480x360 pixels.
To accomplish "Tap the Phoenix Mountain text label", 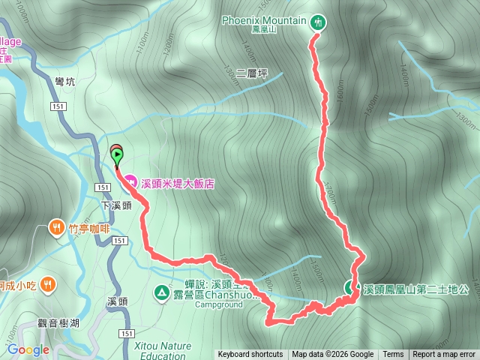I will click(265, 20).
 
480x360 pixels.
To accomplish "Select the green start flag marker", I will click(118, 154).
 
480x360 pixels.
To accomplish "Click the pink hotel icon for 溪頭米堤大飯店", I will click(130, 181).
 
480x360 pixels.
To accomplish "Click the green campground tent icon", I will click(161, 291).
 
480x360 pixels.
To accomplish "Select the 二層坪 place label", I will click(251, 73).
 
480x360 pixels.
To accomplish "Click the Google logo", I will click(28, 349).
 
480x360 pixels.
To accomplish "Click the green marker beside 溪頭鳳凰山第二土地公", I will click(350, 286).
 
